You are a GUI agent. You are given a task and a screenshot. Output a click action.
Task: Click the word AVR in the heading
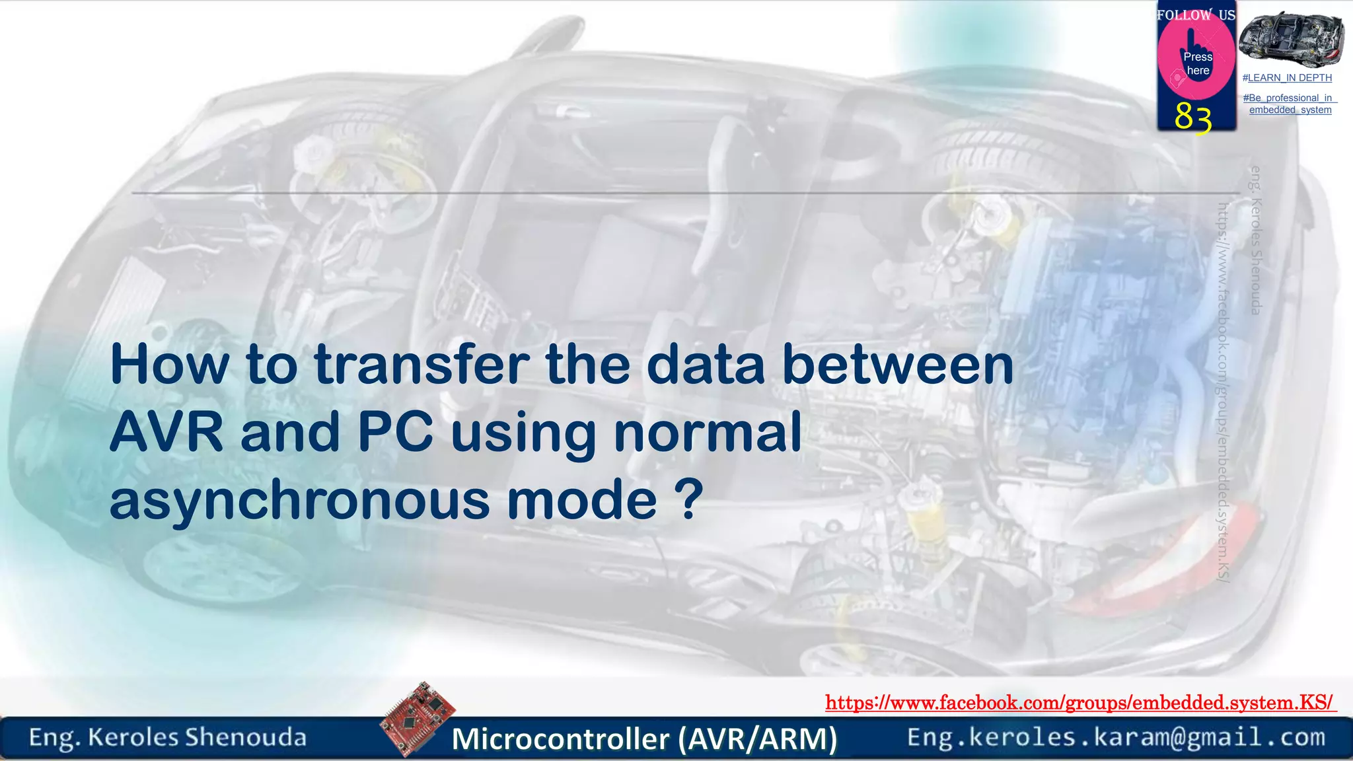click(166, 433)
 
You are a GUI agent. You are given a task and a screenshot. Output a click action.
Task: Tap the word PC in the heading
click(395, 433)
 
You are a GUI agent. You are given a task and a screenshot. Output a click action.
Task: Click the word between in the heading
click(897, 365)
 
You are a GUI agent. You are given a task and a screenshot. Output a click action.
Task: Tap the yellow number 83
click(1193, 118)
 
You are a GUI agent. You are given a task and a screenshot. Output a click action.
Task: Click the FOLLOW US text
click(1196, 15)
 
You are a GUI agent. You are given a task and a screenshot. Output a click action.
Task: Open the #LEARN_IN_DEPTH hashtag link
click(1287, 78)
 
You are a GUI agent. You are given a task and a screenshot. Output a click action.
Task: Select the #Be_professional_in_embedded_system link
click(1290, 104)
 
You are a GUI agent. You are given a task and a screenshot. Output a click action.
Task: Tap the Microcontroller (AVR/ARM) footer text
click(644, 739)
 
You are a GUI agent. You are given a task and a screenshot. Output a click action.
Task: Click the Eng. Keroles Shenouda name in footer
click(168, 737)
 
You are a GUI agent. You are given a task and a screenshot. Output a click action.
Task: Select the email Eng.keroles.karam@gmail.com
click(1116, 737)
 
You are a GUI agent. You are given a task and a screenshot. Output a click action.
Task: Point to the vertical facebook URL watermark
click(1223, 392)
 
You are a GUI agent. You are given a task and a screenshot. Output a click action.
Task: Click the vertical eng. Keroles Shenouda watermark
click(1256, 240)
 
